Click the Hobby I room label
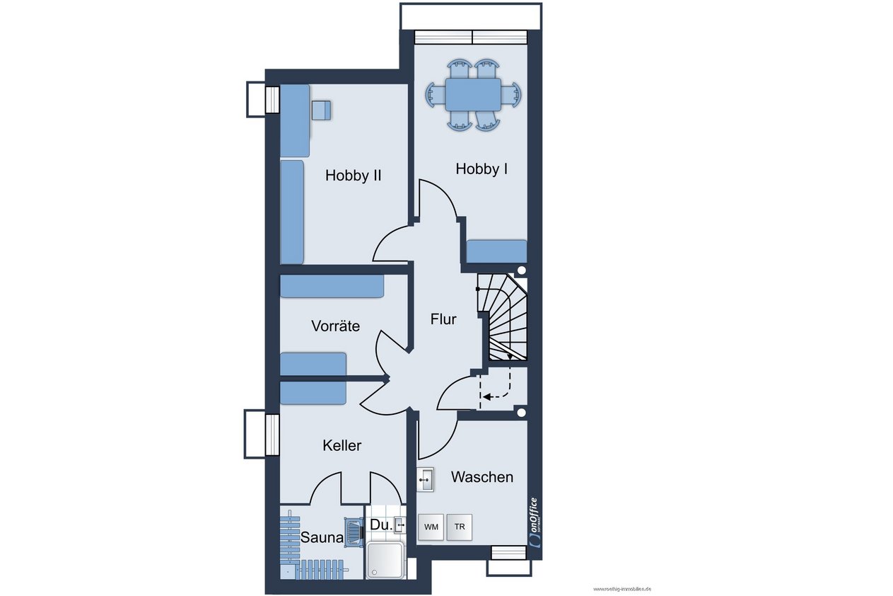[x=481, y=169]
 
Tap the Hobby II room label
[x=354, y=176]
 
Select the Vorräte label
[x=335, y=326]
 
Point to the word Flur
[x=443, y=319]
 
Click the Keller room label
[x=342, y=445]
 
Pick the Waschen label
[x=482, y=477]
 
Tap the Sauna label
[x=322, y=538]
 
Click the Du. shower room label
[x=381, y=525]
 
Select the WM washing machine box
[x=431, y=527]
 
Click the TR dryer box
[x=460, y=527]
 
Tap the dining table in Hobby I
[x=473, y=95]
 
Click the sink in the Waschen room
[x=426, y=479]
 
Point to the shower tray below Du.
[x=385, y=560]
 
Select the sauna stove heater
[x=354, y=532]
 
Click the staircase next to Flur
[x=503, y=317]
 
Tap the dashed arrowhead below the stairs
[x=486, y=397]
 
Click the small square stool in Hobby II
[x=321, y=110]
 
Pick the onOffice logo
[x=535, y=523]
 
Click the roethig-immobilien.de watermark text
[x=622, y=589]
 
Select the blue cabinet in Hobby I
[x=497, y=251]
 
